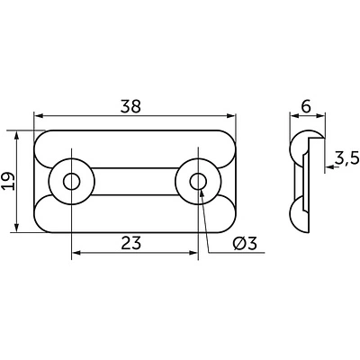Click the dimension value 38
tap(130, 106)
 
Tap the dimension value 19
tap(8, 181)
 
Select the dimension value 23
tap(131, 243)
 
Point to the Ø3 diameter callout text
tap(245, 243)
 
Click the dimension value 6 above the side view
tap(306, 106)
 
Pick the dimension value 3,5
tap(346, 158)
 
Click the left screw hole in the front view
tap(72, 181)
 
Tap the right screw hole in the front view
tap(198, 181)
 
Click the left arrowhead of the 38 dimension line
tap(38, 116)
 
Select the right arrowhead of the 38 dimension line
tap(231, 116)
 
